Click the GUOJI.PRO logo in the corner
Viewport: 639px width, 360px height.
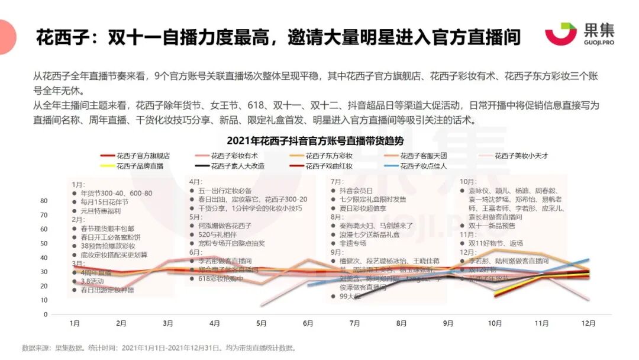point(580,34)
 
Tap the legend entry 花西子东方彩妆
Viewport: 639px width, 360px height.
point(329,155)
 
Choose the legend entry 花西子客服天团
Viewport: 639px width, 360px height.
point(423,155)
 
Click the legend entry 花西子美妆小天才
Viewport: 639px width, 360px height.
point(521,155)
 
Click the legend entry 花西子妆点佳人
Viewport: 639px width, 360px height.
point(423,166)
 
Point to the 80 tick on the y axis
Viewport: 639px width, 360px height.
point(44,201)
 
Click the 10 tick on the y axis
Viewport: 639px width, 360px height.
point(44,300)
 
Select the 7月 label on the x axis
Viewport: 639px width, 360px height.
point(354,323)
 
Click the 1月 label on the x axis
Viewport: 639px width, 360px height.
point(74,323)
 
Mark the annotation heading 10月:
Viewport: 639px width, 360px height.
point(468,181)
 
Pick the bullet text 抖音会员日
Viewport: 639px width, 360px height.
point(356,190)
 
